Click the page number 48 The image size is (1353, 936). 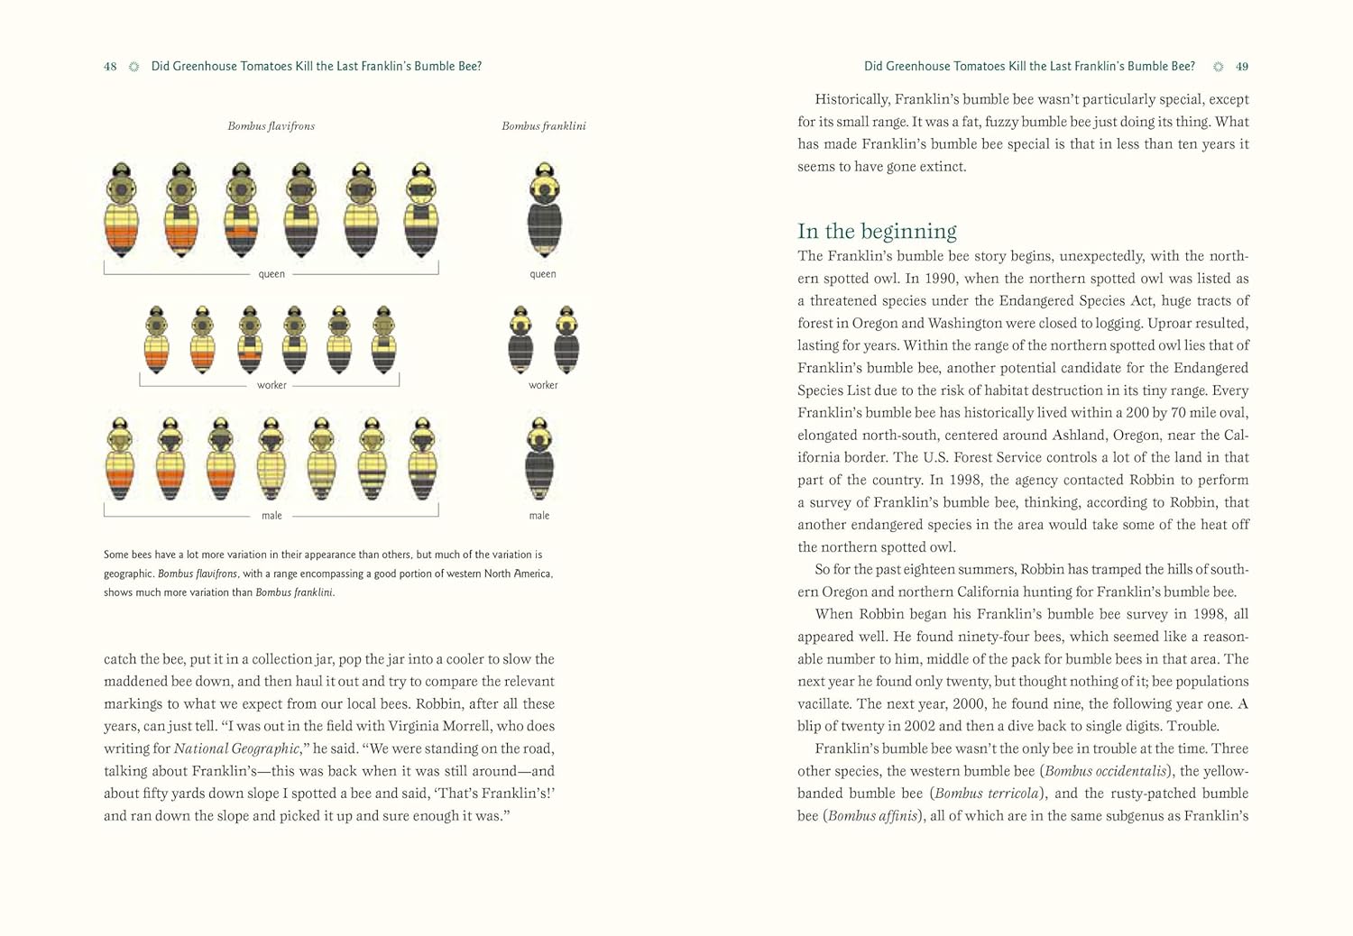pos(110,67)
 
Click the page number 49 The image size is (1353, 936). pos(1242,67)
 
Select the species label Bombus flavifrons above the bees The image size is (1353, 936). pos(271,126)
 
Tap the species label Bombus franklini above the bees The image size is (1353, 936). pos(543,126)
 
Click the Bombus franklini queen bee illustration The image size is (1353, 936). pos(544,211)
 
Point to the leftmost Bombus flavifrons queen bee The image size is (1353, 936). pos(122,211)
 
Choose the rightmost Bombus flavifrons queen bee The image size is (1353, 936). pos(420,211)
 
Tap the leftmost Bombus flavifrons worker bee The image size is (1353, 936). pos(157,340)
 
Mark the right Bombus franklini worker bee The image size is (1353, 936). pos(566,340)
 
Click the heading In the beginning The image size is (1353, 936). pos(877,231)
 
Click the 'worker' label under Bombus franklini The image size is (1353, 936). pos(543,385)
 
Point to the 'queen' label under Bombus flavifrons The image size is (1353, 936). pos(272,274)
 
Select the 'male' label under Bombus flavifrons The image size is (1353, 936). pos(272,516)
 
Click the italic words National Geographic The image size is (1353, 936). pos(236,748)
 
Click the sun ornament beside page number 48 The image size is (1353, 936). pos(133,67)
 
